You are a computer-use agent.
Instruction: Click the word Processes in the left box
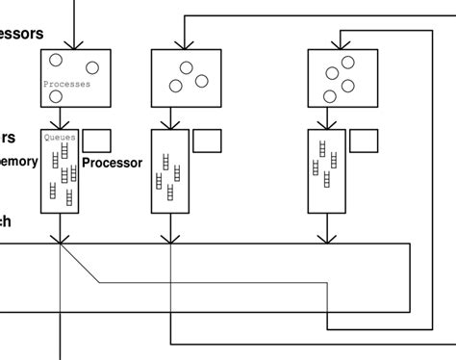(67, 85)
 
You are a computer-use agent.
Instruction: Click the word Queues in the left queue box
(60, 137)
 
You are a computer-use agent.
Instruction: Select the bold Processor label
(112, 163)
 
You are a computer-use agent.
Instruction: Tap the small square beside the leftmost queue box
(97, 140)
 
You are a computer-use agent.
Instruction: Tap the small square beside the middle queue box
(207, 140)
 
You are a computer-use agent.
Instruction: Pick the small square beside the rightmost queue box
(363, 140)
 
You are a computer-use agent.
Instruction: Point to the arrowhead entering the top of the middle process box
(182, 43)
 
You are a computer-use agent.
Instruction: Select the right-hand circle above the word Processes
(92, 66)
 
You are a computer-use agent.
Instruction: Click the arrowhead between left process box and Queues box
(61, 123)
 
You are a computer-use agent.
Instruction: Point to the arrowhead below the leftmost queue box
(61, 236)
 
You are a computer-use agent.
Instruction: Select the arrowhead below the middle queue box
(171, 236)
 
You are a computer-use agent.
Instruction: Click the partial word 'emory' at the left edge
(18, 163)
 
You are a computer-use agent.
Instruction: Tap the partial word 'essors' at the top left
(20, 33)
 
